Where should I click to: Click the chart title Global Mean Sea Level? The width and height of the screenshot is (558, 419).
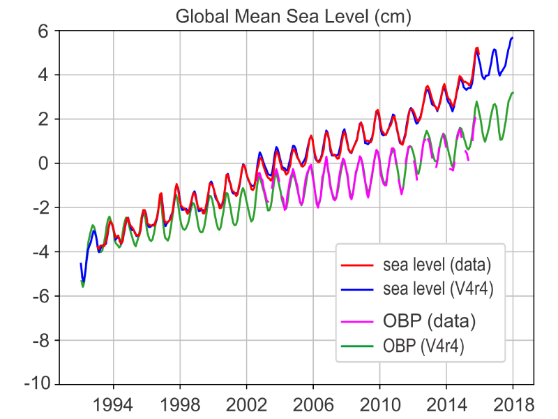coord(293,16)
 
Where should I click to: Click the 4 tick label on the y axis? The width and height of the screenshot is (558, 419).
coord(42,75)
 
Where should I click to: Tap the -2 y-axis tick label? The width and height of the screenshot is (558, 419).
coord(38,208)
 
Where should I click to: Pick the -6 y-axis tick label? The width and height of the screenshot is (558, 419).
coord(38,296)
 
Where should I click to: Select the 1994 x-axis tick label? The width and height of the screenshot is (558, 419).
coord(113,405)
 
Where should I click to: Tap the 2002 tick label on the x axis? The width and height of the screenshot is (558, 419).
coord(246,405)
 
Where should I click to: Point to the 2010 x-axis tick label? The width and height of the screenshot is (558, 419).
coord(379,405)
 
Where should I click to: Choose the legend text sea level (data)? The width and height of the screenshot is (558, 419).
coord(437,266)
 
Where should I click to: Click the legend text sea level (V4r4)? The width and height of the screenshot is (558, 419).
coord(439,289)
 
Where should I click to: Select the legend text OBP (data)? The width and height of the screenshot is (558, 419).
coord(430,321)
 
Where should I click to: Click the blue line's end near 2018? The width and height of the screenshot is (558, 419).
coord(513,38)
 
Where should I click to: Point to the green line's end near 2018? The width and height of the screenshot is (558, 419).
coord(513,92)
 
